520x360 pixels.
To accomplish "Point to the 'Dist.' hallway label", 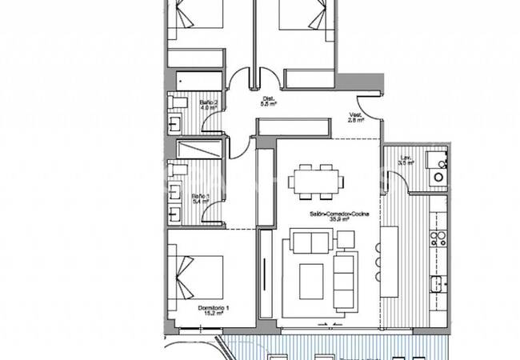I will [268, 98].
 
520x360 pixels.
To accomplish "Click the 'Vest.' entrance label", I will [355, 115].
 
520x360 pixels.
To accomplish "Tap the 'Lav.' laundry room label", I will [406, 158].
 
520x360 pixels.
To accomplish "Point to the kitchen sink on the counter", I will [437, 282].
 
